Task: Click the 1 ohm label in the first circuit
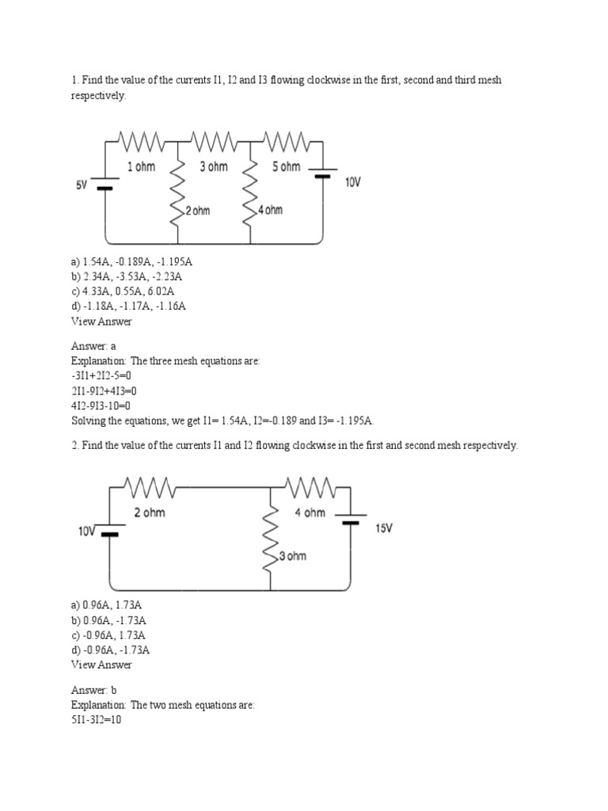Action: coord(141,167)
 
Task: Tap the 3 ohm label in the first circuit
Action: coord(214,167)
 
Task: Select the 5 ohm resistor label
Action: coord(286,167)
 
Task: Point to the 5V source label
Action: coord(82,185)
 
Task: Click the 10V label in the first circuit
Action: coord(352,182)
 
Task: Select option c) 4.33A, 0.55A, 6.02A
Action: coord(127,291)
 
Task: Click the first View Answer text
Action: coord(101,321)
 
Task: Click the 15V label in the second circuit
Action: coord(383,527)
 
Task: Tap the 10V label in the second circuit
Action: coord(87,531)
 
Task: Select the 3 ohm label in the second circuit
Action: coord(292,556)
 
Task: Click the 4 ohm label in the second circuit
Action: coord(310,512)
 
